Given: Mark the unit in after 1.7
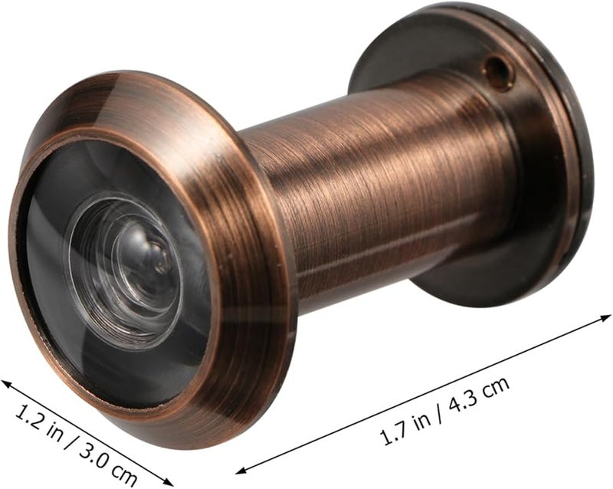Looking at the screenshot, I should (425, 418).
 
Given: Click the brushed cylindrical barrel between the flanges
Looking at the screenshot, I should (383, 192).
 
